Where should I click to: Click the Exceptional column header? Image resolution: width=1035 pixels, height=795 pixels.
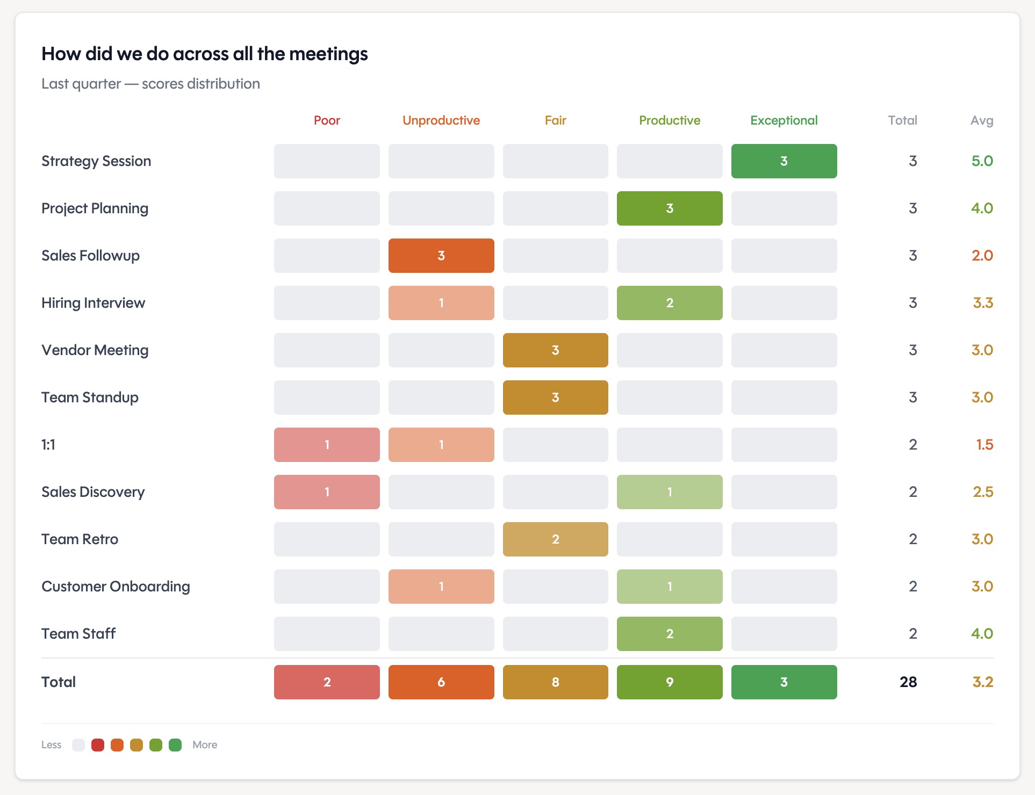coord(784,120)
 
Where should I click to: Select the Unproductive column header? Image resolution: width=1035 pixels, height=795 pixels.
coord(441,120)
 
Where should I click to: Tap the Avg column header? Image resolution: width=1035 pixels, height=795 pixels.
coord(981,120)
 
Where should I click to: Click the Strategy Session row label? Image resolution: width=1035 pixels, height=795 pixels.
coord(96,161)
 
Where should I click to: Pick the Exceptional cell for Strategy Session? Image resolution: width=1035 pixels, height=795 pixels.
coord(784,161)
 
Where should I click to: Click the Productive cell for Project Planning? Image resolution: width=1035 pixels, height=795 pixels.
coord(669,208)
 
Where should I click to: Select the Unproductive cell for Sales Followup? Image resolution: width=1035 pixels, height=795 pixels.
coord(441,256)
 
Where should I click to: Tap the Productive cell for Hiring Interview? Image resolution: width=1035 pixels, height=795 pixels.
coord(669,303)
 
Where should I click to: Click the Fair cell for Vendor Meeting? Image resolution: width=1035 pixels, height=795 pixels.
coord(555,350)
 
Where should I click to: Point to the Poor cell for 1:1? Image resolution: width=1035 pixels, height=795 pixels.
coord(327,445)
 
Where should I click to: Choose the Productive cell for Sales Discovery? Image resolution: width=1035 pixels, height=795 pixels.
coord(669,492)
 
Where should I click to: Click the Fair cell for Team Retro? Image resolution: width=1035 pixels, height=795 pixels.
coord(555,539)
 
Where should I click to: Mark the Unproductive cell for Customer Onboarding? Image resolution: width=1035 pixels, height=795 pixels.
coord(441,587)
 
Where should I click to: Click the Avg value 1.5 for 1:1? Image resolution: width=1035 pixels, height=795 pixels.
coord(984,445)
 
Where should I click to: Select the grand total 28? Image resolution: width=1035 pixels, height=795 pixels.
coord(908,682)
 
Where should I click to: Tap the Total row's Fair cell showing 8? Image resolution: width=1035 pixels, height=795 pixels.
coord(555,682)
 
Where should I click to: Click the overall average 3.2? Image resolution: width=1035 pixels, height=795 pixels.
coord(982,682)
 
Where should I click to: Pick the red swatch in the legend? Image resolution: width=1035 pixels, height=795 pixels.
coord(98,745)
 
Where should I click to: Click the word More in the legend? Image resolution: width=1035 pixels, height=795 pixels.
coord(205,745)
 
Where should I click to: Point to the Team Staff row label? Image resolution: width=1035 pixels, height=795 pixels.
coord(78,634)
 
